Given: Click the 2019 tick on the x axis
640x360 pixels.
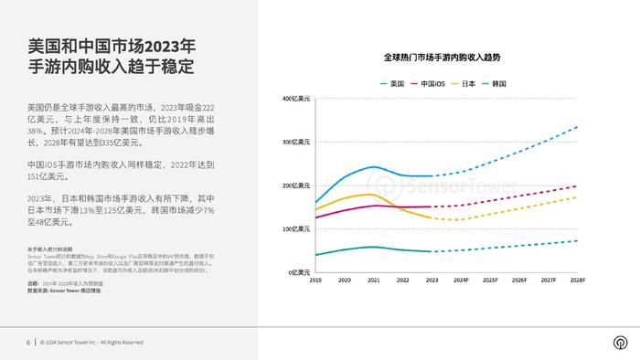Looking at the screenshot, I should [x=315, y=281].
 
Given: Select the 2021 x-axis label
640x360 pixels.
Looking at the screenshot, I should [x=374, y=281].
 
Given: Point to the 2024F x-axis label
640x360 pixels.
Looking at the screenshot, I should [x=461, y=281].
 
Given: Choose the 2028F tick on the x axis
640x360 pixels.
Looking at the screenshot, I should [x=577, y=281].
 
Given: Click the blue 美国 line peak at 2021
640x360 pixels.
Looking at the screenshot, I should [x=374, y=167].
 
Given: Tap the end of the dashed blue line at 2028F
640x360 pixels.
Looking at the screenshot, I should [x=577, y=127].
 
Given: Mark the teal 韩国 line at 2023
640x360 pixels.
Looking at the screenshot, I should [x=432, y=251].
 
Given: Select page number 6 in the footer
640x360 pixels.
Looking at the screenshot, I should [x=27, y=343].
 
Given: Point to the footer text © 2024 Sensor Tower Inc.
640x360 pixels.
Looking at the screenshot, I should [x=91, y=343].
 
